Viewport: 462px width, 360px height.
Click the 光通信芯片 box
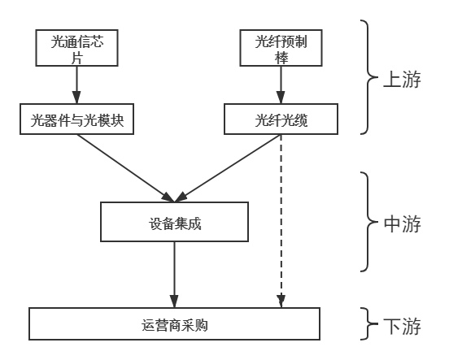click(x=77, y=48)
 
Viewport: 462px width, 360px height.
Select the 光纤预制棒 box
click(x=281, y=48)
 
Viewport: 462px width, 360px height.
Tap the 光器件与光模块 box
click(x=77, y=119)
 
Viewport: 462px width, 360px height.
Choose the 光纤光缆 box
click(x=281, y=119)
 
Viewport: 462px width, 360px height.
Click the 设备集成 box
click(x=174, y=222)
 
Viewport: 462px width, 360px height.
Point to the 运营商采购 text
click(x=174, y=325)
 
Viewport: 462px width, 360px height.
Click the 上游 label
click(x=402, y=79)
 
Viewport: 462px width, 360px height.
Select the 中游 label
click(x=402, y=224)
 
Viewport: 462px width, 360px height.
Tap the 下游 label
click(x=402, y=326)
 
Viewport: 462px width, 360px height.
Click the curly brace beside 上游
click(x=368, y=77)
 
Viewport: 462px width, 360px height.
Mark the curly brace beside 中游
click(x=368, y=222)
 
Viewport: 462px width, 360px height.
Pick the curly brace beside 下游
click(x=368, y=323)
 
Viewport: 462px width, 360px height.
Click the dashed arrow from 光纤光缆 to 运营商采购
click(x=281, y=221)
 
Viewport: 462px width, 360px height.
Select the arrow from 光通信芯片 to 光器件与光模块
click(x=77, y=85)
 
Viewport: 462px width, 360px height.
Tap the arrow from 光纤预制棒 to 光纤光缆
click(x=281, y=85)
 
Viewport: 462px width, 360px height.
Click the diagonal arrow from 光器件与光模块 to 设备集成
click(x=125, y=168)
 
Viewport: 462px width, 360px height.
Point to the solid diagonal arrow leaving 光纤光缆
click(x=228, y=168)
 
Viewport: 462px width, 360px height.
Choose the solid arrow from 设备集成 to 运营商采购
click(x=174, y=275)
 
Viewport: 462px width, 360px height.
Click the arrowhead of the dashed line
click(x=281, y=301)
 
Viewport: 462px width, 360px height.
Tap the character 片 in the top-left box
click(x=77, y=58)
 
